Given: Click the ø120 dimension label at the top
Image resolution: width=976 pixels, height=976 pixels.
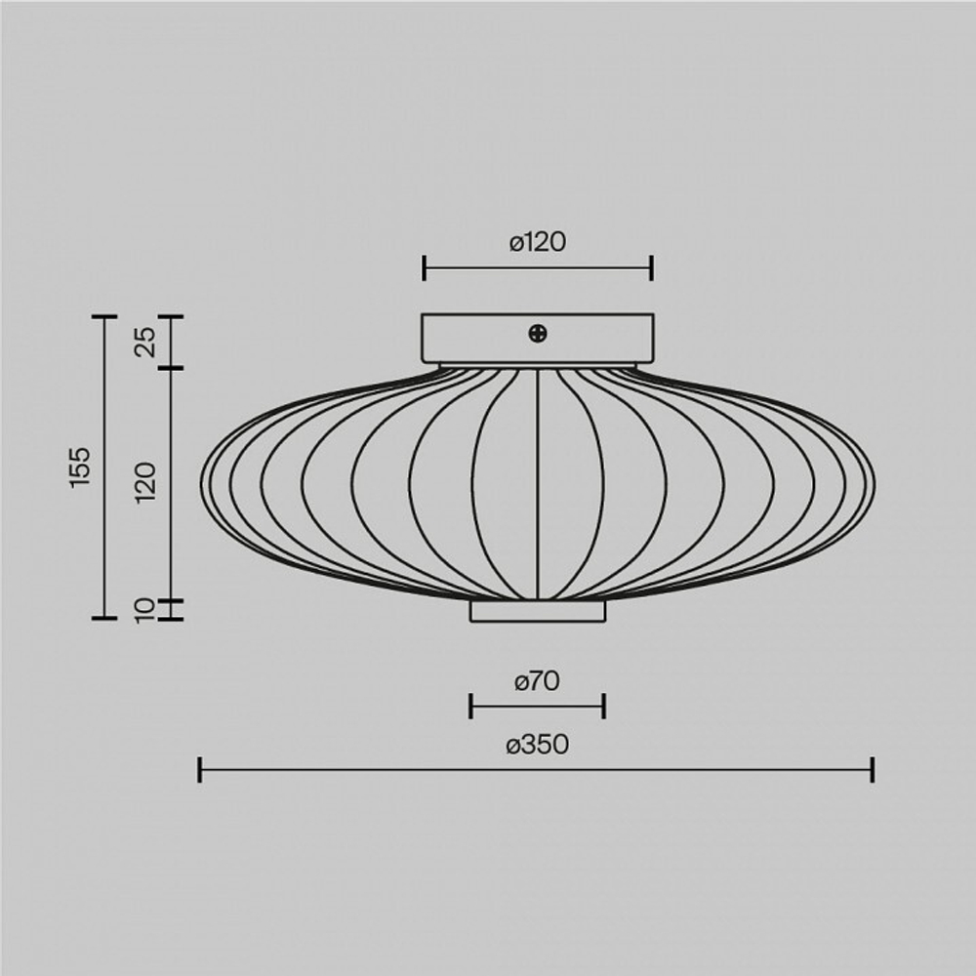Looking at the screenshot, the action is click(538, 242).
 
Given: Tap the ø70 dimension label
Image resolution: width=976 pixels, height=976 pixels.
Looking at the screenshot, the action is click(537, 681).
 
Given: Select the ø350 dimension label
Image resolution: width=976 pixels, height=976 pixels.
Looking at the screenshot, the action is click(537, 745).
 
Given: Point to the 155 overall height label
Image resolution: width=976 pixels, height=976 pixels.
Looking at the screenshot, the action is click(80, 467).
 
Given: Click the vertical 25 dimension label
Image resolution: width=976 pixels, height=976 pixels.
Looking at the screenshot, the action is click(146, 342).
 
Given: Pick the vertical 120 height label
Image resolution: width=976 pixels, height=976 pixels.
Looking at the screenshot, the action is click(146, 483).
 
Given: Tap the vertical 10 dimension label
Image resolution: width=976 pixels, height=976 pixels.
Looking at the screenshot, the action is click(144, 611).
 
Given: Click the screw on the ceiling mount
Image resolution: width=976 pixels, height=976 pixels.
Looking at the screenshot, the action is click(538, 334).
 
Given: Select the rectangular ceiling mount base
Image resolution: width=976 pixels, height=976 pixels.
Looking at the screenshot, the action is click(538, 339).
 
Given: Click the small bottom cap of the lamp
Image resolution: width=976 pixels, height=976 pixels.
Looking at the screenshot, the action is click(538, 611).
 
